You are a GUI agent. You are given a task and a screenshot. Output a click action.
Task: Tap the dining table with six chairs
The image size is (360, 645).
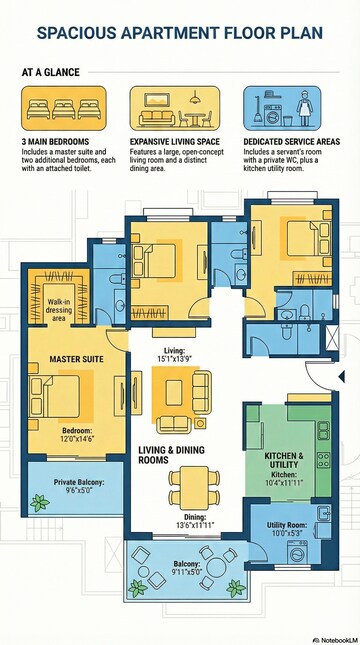pos(189,485)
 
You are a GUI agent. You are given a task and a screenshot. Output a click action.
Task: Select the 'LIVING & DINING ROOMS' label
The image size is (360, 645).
pos(166,456)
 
